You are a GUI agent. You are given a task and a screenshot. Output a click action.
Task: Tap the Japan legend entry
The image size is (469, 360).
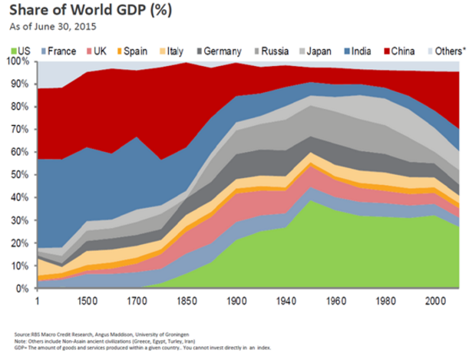click(314, 51)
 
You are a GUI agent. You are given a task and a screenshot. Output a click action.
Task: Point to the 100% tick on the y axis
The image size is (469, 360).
click(21, 61)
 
